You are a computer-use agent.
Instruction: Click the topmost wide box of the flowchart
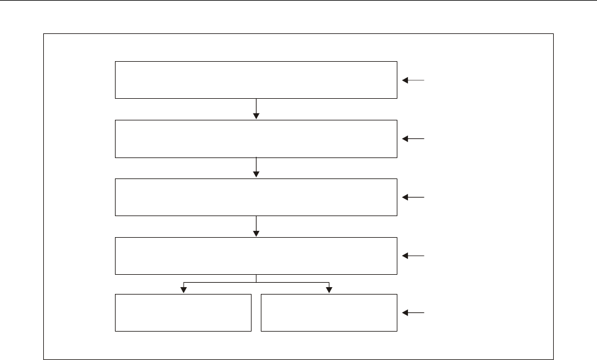pyautogui.click(x=256, y=80)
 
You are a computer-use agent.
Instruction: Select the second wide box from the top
pyautogui.click(x=256, y=138)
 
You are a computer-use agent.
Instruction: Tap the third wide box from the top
pyautogui.click(x=256, y=197)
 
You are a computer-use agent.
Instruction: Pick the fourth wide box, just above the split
pyautogui.click(x=256, y=256)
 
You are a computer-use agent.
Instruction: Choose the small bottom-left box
pyautogui.click(x=183, y=312)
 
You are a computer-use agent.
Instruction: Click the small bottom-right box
pyautogui.click(x=329, y=312)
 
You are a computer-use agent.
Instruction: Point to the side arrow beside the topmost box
pyautogui.click(x=413, y=80)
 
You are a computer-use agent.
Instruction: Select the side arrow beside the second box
pyautogui.click(x=413, y=139)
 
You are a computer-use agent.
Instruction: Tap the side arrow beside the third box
pyautogui.click(x=413, y=197)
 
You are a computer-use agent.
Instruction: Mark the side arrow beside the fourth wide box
pyautogui.click(x=413, y=256)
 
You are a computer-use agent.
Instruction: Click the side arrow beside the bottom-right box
pyautogui.click(x=413, y=313)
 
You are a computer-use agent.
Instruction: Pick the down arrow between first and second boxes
pyautogui.click(x=256, y=109)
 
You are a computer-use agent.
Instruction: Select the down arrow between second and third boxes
pyautogui.click(x=256, y=168)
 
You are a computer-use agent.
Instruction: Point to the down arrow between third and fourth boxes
pyautogui.click(x=256, y=227)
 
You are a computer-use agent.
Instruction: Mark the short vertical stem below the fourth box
pyautogui.click(x=256, y=278)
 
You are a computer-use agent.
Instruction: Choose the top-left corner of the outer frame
pyautogui.click(x=44, y=34)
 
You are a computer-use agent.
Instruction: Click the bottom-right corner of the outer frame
pyautogui.click(x=553, y=358)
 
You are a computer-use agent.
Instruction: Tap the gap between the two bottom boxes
pyautogui.click(x=256, y=312)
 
